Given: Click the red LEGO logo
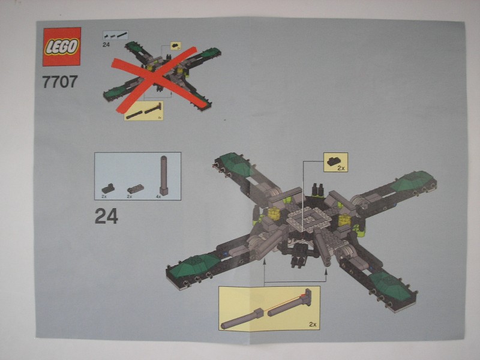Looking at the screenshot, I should click(x=61, y=46).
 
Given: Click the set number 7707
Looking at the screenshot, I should click(x=60, y=81).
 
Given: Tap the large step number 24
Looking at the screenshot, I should click(x=106, y=216).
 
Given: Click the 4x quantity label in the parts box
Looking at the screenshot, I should click(x=158, y=196).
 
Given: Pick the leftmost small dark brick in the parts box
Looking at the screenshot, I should click(x=107, y=188).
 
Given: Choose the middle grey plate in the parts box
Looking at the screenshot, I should click(x=134, y=188).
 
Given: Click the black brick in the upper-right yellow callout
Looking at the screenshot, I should click(x=332, y=160).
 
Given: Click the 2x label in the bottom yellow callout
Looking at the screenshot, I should click(x=311, y=324).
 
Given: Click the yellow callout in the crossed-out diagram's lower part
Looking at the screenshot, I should click(x=143, y=111).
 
